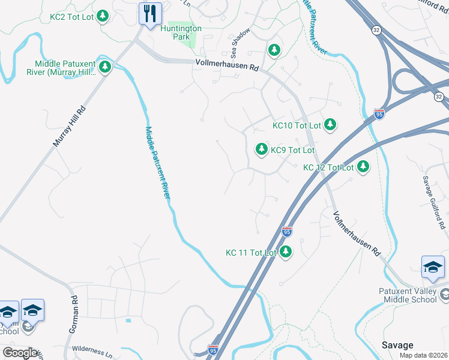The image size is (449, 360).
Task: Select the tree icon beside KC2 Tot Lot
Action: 103,16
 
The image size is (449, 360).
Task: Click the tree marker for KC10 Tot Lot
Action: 330,125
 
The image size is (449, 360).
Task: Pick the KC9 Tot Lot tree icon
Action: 261,149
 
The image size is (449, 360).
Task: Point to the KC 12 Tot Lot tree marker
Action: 363,167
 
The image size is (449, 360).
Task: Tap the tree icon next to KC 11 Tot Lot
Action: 286,252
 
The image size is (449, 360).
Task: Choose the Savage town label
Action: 397,345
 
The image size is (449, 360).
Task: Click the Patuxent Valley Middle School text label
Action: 407,295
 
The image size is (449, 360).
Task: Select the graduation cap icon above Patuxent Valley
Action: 433,268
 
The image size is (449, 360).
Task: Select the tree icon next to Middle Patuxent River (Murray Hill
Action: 105,67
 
